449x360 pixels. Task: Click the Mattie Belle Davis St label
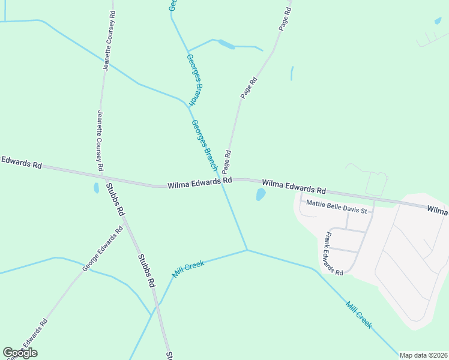(339, 203)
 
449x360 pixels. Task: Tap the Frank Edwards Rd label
(333, 253)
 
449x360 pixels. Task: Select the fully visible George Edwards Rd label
(103, 248)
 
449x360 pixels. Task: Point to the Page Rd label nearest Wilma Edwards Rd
(227, 162)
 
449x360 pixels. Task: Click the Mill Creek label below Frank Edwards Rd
(359, 314)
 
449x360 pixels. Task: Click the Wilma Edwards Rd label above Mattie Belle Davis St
(294, 185)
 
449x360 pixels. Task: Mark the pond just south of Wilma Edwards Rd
(261, 194)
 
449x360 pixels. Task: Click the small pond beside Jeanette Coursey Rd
(96, 188)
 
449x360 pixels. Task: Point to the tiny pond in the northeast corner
(438, 21)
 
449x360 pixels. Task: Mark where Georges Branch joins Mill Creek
(247, 250)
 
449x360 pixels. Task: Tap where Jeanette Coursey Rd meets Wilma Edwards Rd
(104, 177)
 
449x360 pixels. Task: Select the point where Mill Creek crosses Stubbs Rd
(158, 304)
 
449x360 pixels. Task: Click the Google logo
(20, 353)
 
